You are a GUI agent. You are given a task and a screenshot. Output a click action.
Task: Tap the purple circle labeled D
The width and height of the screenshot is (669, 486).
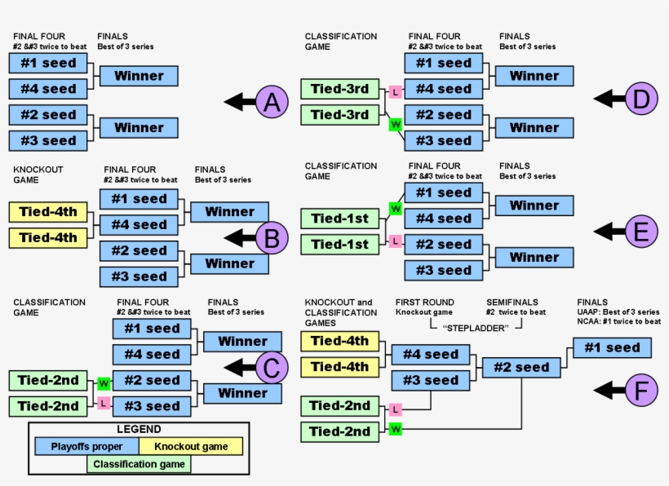pyautogui.click(x=641, y=99)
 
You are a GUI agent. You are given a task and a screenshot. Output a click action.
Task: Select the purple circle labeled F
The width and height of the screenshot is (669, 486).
pyautogui.click(x=641, y=391)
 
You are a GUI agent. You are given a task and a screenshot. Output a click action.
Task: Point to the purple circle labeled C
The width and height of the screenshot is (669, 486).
pyautogui.click(x=272, y=368)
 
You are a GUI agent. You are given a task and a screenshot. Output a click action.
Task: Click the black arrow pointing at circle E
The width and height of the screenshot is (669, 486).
pyautogui.click(x=609, y=231)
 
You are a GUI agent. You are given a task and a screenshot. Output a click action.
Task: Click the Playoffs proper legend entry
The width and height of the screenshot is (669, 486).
pyautogui.click(x=86, y=446)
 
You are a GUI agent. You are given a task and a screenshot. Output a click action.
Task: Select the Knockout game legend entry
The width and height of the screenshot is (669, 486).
pyautogui.click(x=190, y=446)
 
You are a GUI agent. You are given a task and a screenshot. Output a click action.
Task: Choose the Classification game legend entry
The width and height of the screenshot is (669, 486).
pyautogui.click(x=139, y=465)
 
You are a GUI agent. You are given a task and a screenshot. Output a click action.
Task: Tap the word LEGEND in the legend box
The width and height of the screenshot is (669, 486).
pyautogui.click(x=139, y=429)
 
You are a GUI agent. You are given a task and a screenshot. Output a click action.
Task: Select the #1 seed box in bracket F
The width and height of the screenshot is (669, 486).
pyautogui.click(x=612, y=348)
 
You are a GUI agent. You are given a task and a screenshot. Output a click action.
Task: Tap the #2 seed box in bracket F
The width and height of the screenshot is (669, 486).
pyautogui.click(x=521, y=368)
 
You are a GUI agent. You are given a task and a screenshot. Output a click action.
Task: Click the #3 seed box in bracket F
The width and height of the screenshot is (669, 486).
pyautogui.click(x=430, y=380)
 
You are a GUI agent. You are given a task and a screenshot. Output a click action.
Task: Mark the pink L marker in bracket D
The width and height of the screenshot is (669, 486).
pyautogui.click(x=396, y=92)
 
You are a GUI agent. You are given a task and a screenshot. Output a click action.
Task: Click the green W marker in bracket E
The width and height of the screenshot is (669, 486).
pyautogui.click(x=396, y=210)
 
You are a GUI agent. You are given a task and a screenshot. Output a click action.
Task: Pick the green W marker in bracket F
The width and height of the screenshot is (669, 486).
pyautogui.click(x=396, y=428)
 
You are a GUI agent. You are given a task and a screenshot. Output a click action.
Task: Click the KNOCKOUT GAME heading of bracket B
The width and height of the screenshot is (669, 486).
pyautogui.click(x=38, y=175)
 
